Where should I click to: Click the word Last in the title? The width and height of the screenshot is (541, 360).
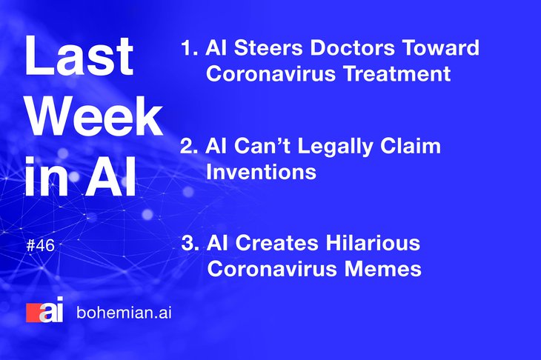(x=79, y=56)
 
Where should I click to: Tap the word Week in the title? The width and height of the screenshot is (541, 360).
(x=95, y=116)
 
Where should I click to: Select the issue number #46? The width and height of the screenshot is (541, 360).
(x=40, y=246)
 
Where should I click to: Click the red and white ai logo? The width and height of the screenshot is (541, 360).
(x=45, y=310)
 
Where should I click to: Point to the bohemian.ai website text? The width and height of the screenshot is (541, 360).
(x=124, y=313)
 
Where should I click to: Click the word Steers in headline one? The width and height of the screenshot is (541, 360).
(x=268, y=47)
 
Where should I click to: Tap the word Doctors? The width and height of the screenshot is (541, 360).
(x=352, y=47)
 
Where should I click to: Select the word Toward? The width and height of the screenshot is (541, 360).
(x=441, y=47)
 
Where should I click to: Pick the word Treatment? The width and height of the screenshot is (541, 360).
(x=396, y=73)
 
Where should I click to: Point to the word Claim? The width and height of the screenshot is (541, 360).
(x=411, y=146)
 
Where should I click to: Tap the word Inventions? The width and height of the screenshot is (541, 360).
(x=261, y=172)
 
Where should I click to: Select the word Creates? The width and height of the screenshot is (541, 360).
(x=276, y=243)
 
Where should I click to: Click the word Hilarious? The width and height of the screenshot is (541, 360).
(x=373, y=243)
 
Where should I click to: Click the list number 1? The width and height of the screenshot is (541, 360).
(x=189, y=48)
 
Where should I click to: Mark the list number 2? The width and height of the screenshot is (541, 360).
(x=189, y=146)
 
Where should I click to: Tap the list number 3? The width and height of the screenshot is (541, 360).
(x=190, y=243)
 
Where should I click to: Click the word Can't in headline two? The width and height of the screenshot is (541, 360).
(x=262, y=146)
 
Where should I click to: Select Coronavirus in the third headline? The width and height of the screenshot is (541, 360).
(x=272, y=269)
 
